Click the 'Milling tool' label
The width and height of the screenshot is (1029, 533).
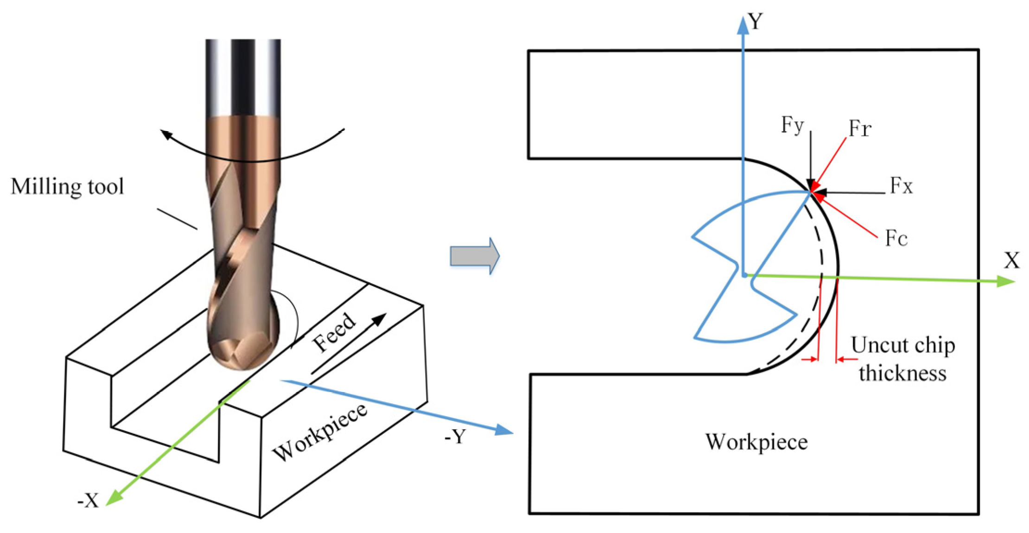67,187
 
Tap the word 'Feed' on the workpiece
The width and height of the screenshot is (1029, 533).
334,332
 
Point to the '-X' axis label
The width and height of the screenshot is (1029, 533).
88,501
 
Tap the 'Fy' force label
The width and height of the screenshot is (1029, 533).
792,125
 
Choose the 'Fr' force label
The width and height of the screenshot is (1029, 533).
860,128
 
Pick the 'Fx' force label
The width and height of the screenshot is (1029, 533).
901,186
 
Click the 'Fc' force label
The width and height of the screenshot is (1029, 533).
896,239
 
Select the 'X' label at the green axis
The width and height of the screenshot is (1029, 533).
1012,260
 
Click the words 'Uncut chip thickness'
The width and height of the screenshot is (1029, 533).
902,359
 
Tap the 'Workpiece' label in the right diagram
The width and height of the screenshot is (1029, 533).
756,442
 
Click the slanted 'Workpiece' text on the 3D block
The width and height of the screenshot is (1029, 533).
320,432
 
